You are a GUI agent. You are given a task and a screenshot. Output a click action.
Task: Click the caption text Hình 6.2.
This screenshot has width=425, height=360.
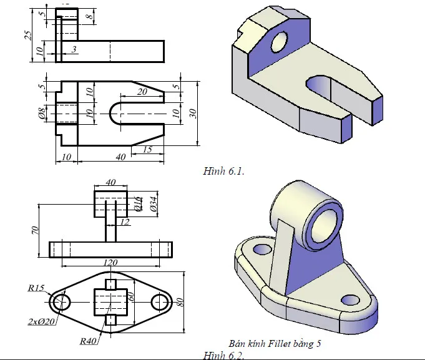click(x=223, y=355)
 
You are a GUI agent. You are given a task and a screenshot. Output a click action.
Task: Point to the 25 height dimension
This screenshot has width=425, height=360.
click(x=27, y=35)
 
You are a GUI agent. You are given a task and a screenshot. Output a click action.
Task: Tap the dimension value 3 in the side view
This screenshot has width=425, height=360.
click(x=74, y=49)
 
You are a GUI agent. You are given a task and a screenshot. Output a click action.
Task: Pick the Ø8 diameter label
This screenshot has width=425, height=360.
click(x=41, y=113)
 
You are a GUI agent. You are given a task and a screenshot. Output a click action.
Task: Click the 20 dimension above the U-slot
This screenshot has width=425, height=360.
click(x=142, y=92)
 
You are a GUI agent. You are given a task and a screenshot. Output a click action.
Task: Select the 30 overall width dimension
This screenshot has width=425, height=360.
click(x=193, y=113)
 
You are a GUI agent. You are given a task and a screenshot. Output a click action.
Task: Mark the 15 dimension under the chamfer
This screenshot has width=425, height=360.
click(x=148, y=149)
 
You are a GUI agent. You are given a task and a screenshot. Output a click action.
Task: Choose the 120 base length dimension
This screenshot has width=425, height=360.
click(x=110, y=263)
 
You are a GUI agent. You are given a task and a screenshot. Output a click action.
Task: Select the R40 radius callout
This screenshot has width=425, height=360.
click(x=87, y=341)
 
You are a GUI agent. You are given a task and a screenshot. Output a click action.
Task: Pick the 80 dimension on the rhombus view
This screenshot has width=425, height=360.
click(x=180, y=303)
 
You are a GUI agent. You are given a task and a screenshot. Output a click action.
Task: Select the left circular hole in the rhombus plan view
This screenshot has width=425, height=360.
click(x=61, y=302)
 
